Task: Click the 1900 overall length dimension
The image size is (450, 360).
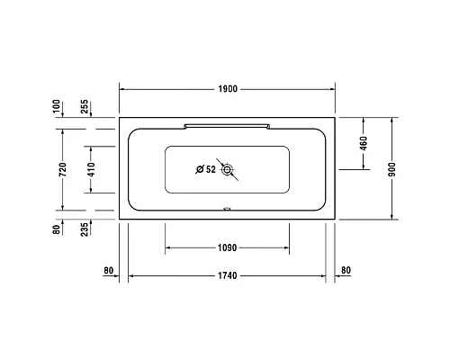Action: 227,89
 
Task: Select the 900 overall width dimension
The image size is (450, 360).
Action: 392,167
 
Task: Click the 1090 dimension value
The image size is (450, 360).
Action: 227,248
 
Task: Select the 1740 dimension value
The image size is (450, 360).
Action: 227,274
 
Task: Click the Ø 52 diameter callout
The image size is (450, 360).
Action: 205,168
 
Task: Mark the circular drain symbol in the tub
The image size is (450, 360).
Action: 228,168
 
